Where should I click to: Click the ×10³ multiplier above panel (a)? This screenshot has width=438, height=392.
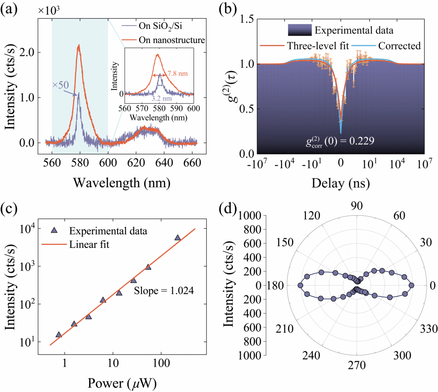pyautogui.click(x=49, y=11)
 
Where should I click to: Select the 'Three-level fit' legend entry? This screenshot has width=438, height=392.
pyautogui.click(x=314, y=46)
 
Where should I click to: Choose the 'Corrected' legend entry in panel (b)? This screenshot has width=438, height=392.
pyautogui.click(x=399, y=46)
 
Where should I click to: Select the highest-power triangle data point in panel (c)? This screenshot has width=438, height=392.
pyautogui.click(x=177, y=238)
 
